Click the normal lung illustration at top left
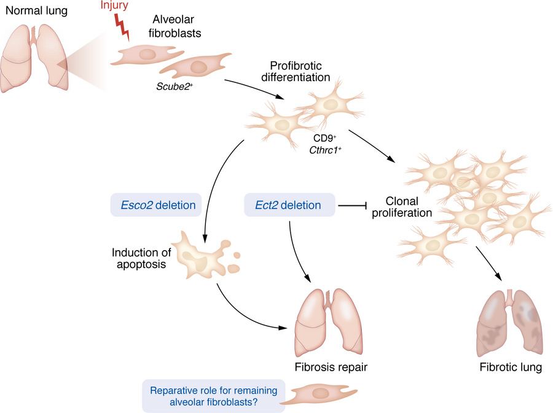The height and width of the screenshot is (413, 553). [35, 59]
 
